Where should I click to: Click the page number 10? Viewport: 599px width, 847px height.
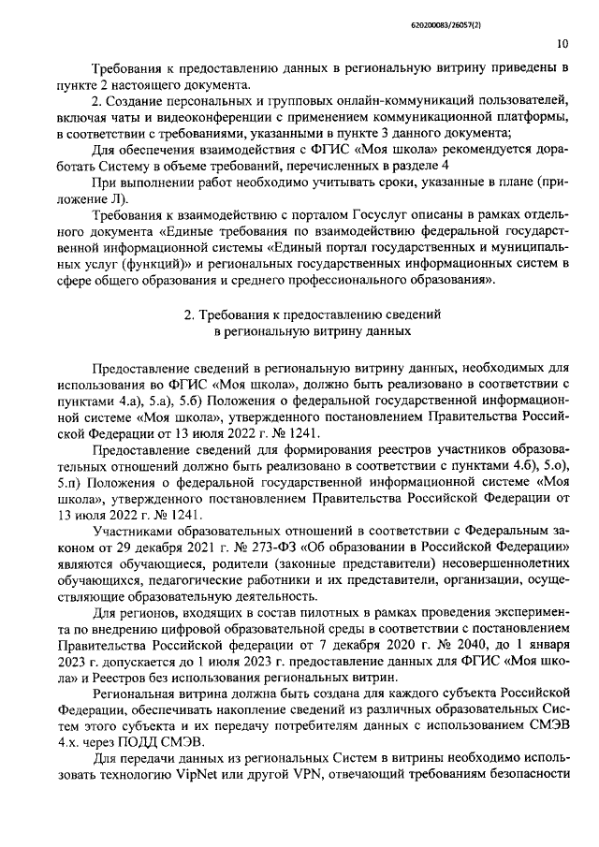tap(562, 43)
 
